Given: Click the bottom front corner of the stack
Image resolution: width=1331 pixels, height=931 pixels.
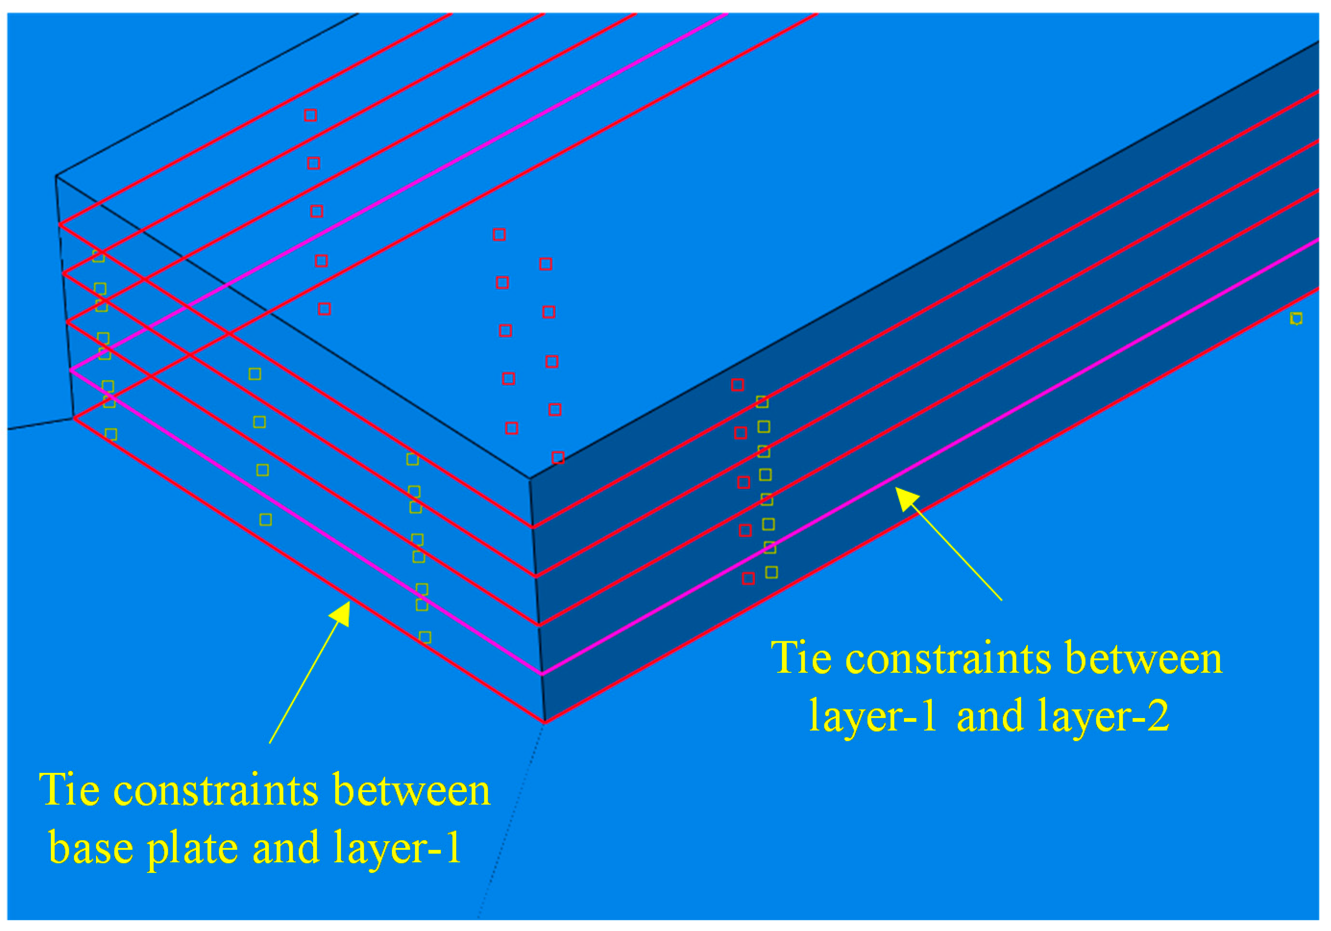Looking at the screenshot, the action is (544, 722).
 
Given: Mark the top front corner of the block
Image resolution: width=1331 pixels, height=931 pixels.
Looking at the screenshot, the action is (530, 479).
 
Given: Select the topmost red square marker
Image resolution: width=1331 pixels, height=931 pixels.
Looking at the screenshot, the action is (311, 115).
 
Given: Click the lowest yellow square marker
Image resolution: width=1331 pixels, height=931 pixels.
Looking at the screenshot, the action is (425, 637).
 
